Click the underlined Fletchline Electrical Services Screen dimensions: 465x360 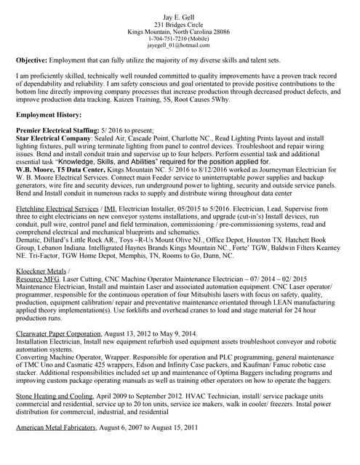(x=57, y=209)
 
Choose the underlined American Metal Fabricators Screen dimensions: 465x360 (x=56, y=428)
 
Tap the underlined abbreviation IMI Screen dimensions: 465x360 (x=110, y=209)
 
